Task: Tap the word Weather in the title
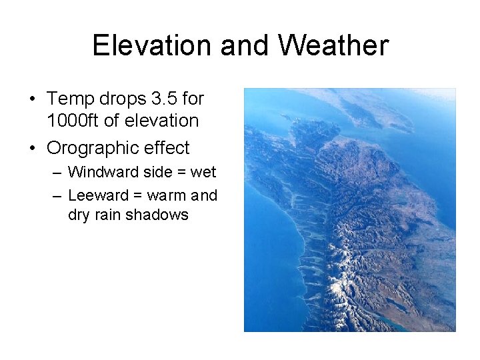click(x=333, y=45)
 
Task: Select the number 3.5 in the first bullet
click(x=166, y=99)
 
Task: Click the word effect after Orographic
click(x=166, y=147)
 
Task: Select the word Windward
click(x=99, y=172)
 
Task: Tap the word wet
click(x=203, y=172)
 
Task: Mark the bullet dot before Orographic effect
click(x=32, y=148)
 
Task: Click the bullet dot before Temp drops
click(x=32, y=99)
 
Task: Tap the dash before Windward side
click(x=57, y=173)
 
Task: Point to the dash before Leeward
click(x=57, y=196)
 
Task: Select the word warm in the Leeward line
click(x=167, y=195)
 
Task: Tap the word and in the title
click(x=245, y=45)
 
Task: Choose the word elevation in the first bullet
click(x=166, y=121)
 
